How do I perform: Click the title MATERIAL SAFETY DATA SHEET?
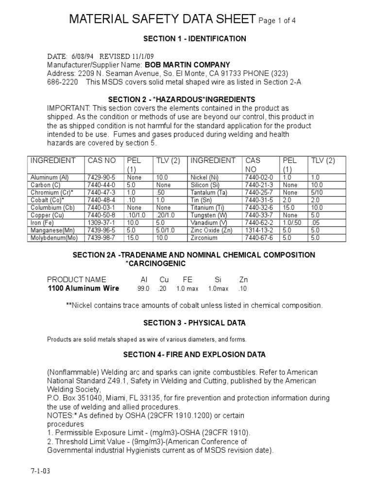coord(162,19)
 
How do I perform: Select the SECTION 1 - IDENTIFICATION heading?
coord(194,39)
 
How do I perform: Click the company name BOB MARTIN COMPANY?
coord(187,65)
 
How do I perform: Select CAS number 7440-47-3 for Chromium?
coord(101,193)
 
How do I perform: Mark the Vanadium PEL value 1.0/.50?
coord(292,223)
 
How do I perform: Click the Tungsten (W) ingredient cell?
coord(209,215)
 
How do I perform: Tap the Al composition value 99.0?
coord(144,289)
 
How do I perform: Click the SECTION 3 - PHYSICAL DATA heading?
coord(194,323)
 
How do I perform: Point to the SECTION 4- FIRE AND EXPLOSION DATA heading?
coord(194,355)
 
